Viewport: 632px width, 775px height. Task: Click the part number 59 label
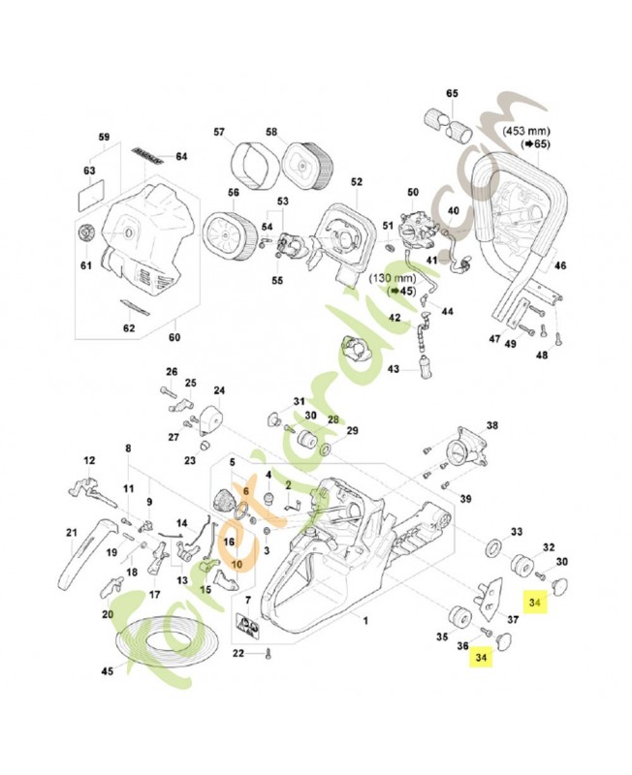tap(105, 137)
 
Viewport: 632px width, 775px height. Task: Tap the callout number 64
tap(181, 156)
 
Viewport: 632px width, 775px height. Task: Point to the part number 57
tap(219, 132)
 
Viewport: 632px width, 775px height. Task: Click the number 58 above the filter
tap(271, 132)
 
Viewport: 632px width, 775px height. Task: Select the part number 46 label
tap(559, 264)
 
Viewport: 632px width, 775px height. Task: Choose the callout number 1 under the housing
tap(365, 617)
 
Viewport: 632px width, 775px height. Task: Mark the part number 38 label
tap(491, 425)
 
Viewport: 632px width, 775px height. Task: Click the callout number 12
tap(88, 461)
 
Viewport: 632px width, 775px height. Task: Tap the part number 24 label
tap(219, 390)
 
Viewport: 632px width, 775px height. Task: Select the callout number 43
tap(394, 369)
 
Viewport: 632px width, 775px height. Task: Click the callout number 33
tap(517, 531)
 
